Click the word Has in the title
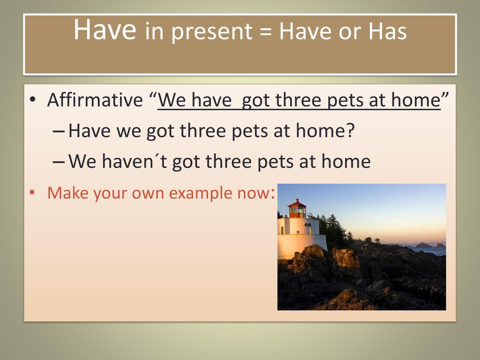point(387,31)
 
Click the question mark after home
point(350,130)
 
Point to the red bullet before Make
point(32,193)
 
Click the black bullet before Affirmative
point(32,100)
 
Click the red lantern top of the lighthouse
point(297,208)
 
